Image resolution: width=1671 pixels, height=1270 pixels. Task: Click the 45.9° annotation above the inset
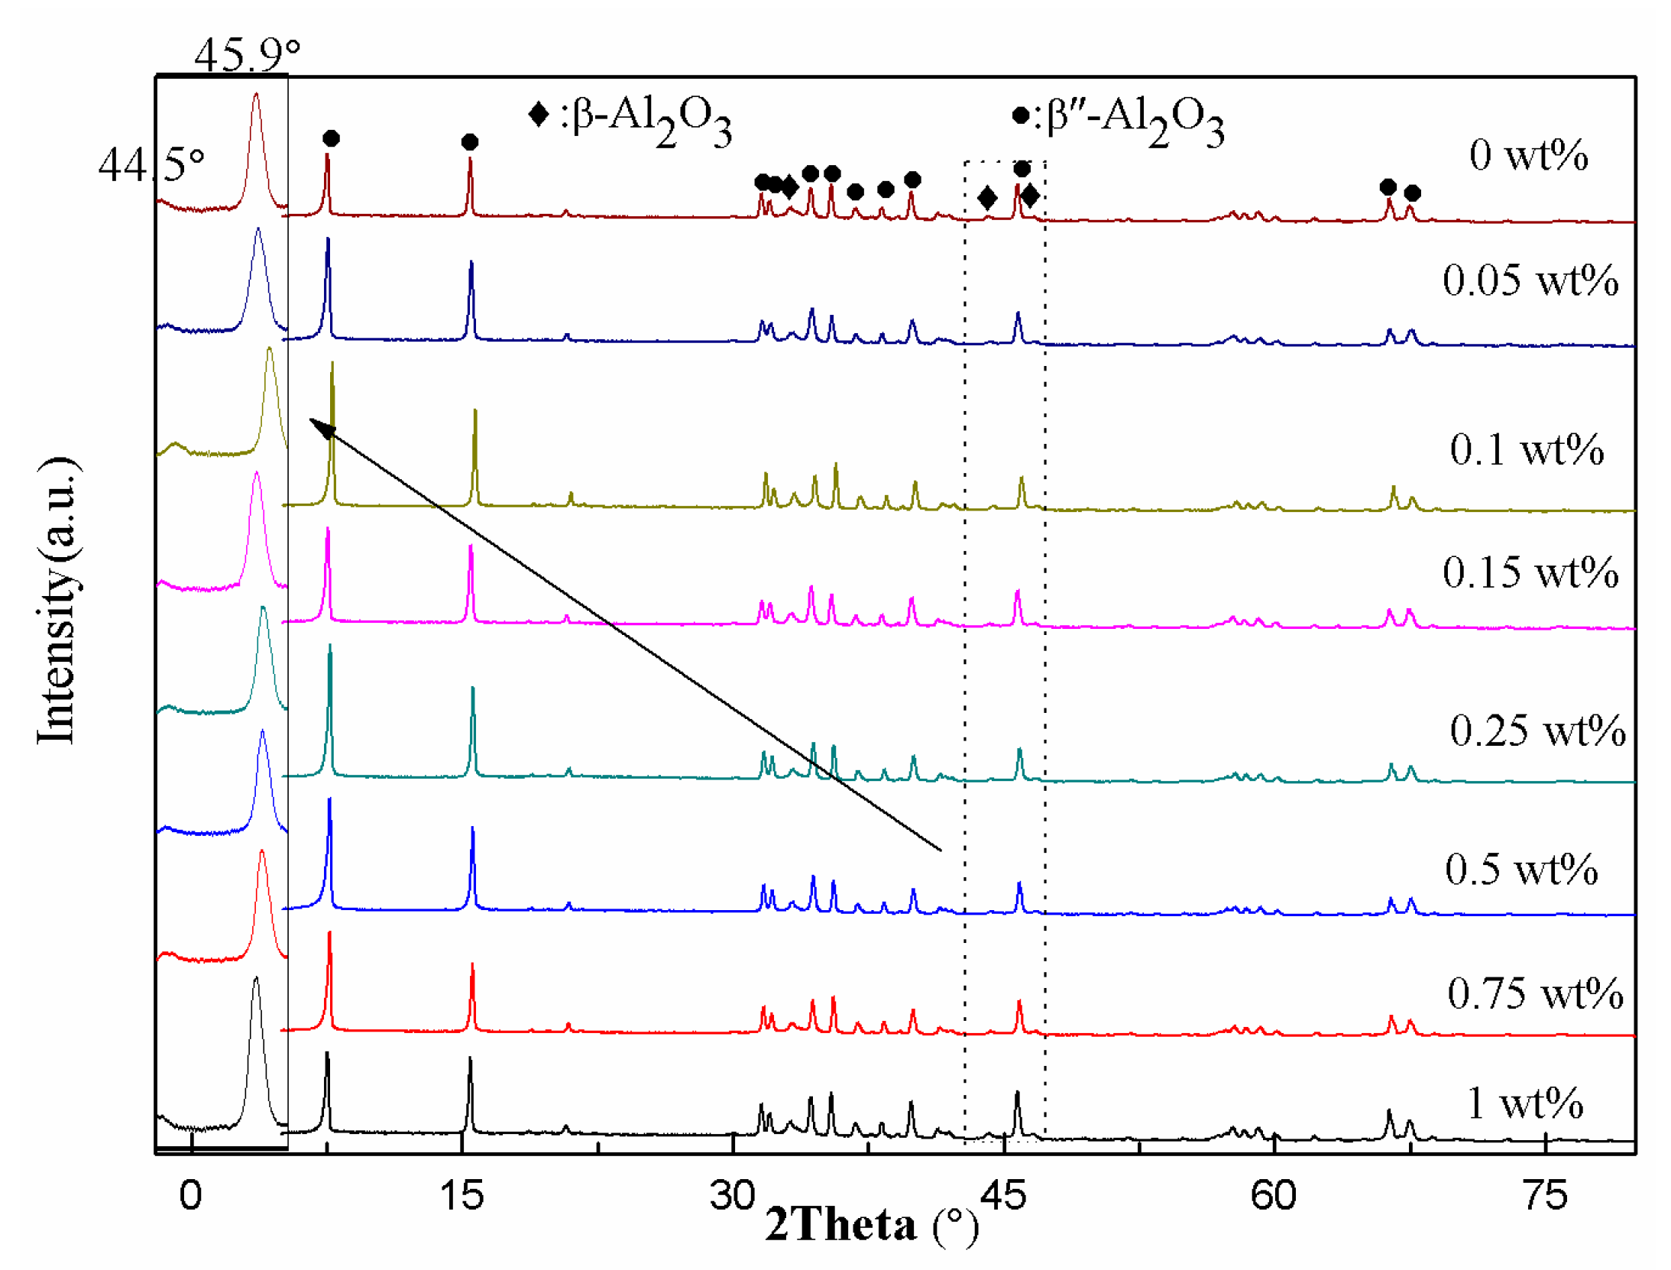[247, 55]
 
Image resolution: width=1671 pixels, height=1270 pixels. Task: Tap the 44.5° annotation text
[151, 164]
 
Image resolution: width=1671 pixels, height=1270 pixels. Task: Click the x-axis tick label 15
[461, 1195]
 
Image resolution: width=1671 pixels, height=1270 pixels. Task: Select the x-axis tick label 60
[1273, 1195]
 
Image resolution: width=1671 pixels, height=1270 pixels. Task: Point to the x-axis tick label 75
[1545, 1195]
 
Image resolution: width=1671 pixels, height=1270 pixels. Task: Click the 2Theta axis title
[871, 1224]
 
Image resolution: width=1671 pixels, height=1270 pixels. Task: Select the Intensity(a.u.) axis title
[57, 600]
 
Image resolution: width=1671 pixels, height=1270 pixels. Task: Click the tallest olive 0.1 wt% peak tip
[332, 364]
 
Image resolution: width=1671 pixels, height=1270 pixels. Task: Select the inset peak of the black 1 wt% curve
[256, 980]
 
